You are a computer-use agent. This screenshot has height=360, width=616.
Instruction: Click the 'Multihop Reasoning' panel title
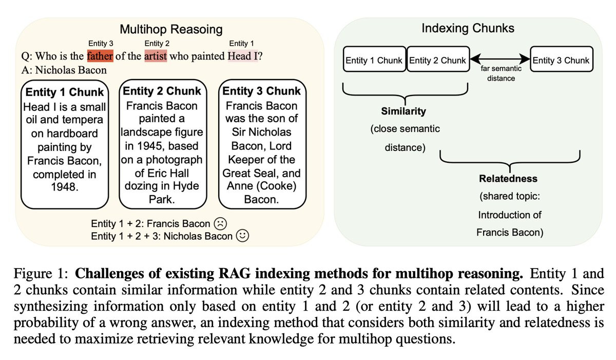click(x=171, y=29)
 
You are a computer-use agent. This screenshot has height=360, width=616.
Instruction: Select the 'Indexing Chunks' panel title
click(x=468, y=28)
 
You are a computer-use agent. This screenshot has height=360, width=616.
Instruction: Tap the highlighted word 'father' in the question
click(x=100, y=56)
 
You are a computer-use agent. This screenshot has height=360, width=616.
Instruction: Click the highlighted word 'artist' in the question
click(x=156, y=56)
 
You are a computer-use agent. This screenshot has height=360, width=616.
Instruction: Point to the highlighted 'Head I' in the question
click(x=242, y=56)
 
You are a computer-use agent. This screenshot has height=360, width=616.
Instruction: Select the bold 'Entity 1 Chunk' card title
click(x=65, y=92)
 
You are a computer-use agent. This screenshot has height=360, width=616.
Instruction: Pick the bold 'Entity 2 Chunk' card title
click(x=162, y=91)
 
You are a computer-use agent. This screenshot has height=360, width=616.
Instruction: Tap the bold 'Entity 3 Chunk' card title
click(x=261, y=91)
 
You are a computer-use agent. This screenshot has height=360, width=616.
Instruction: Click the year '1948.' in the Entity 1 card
click(x=65, y=187)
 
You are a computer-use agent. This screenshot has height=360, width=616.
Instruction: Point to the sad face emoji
click(x=220, y=223)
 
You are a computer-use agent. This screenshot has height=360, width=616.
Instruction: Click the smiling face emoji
click(x=242, y=236)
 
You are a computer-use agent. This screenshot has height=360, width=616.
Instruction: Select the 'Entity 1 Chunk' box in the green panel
click(x=374, y=61)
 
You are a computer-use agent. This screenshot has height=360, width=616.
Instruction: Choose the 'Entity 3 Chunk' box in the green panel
click(x=561, y=61)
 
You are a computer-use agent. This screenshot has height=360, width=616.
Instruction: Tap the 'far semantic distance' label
click(x=500, y=73)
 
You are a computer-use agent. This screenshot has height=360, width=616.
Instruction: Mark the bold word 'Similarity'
click(x=403, y=111)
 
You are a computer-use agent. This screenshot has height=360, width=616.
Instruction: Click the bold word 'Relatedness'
click(x=508, y=179)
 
